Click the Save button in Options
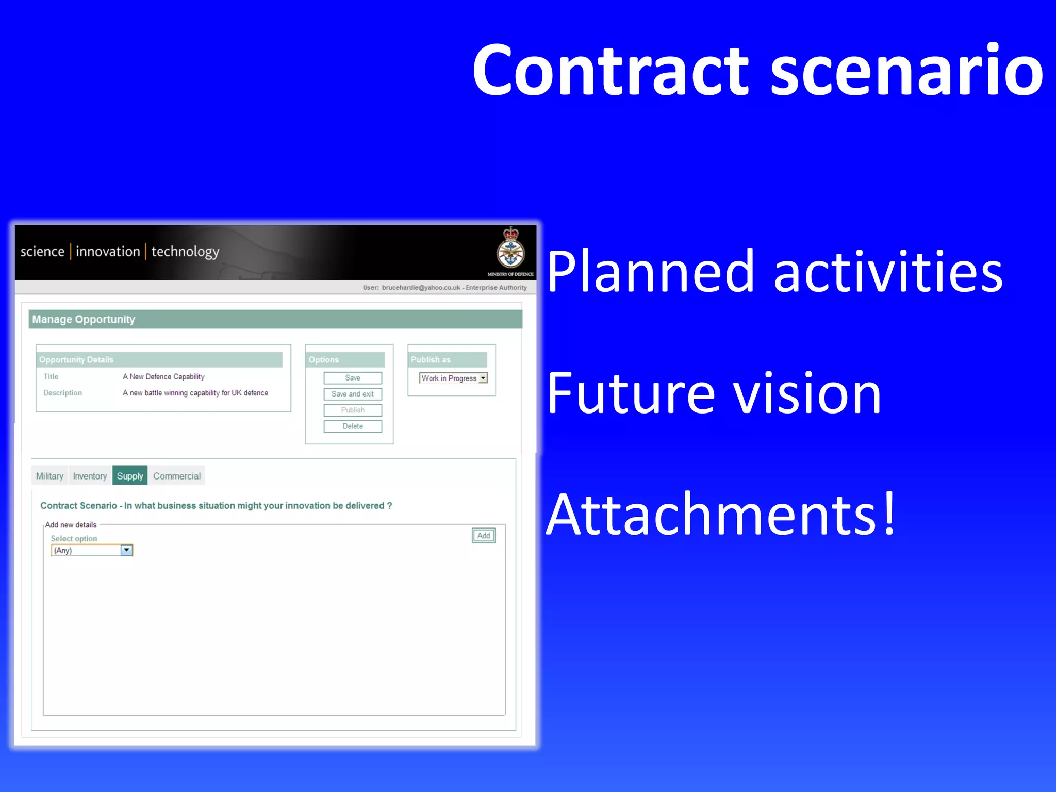point(353,378)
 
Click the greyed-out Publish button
point(353,410)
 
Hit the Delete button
point(353,426)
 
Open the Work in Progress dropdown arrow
point(483,378)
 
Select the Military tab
point(49,476)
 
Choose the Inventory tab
point(90,476)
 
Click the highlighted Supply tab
point(130,476)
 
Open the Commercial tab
point(177,476)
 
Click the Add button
point(484,536)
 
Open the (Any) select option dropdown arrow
point(126,550)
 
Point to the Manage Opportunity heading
point(84,320)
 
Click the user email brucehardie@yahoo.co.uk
point(421,288)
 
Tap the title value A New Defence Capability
point(163,377)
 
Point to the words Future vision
point(714,394)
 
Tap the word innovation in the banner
point(108,252)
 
